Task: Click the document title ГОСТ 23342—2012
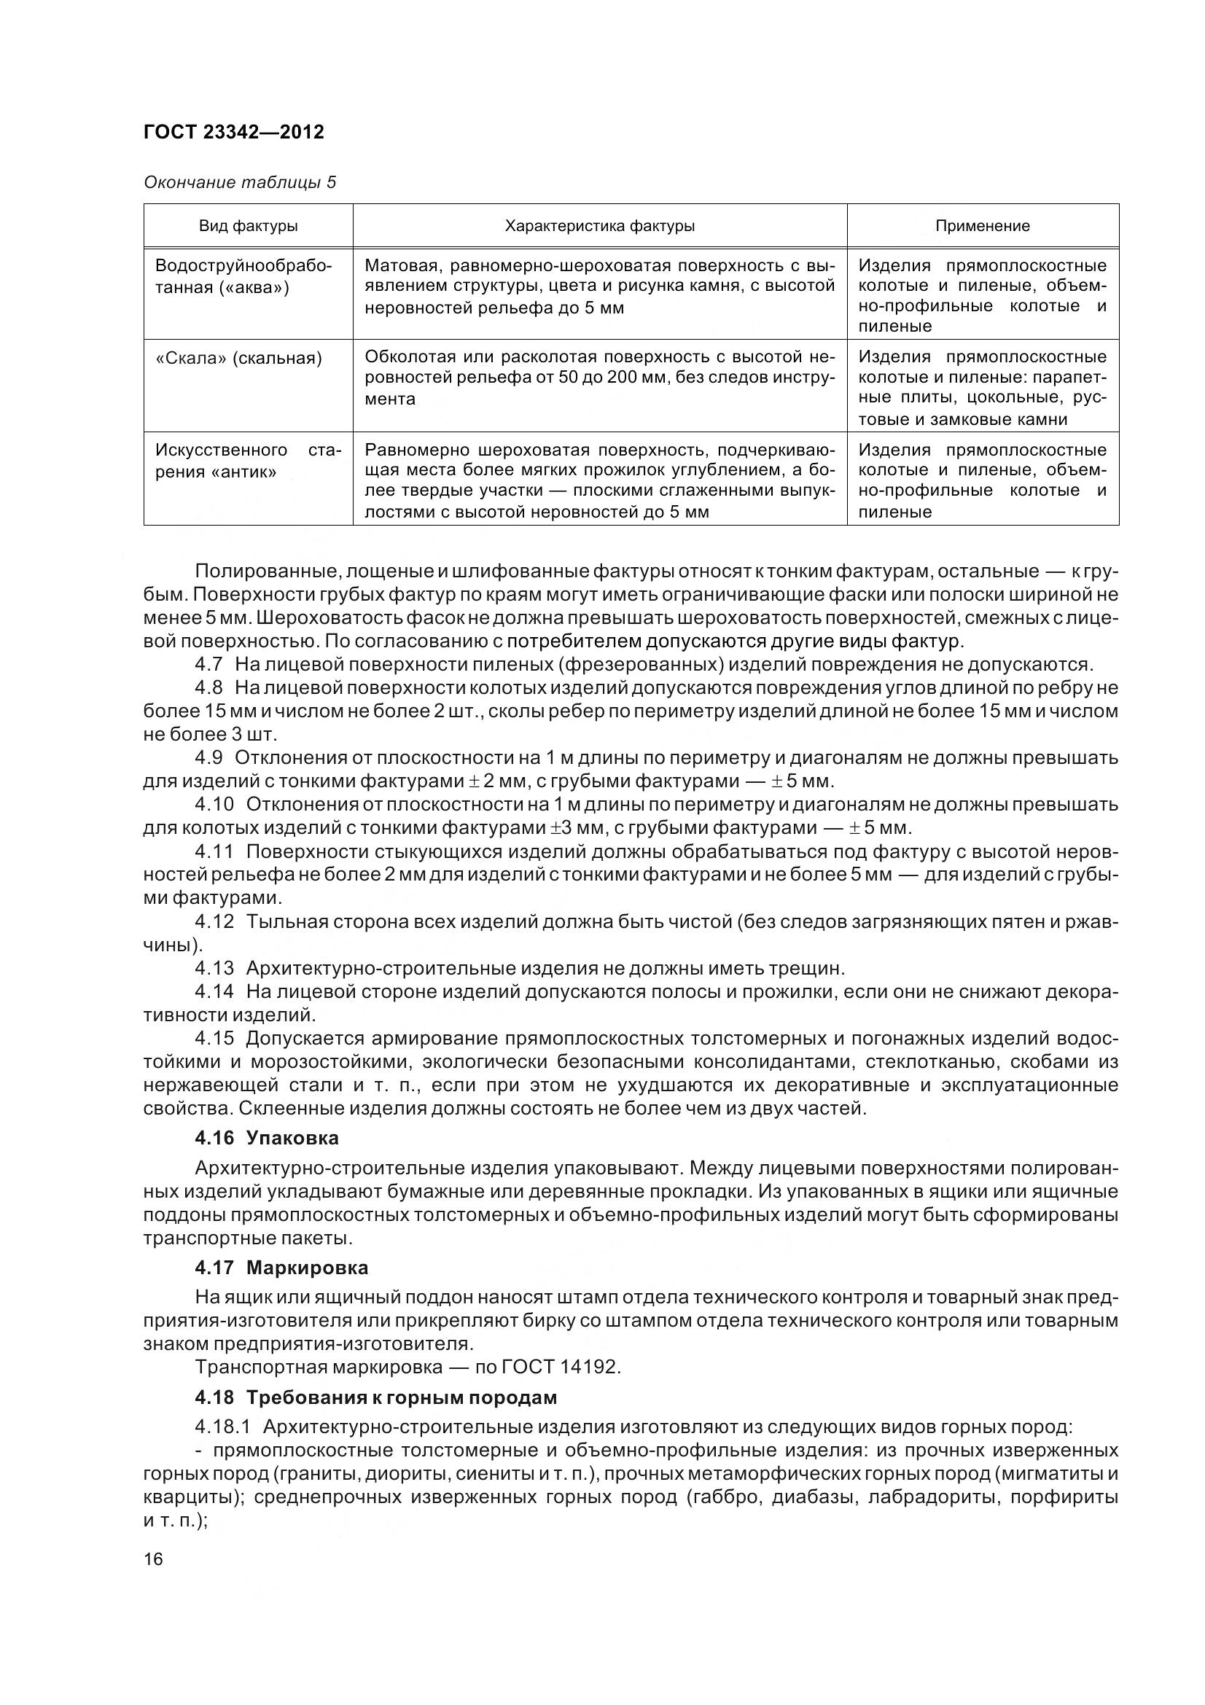click(233, 132)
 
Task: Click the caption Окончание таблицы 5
click(239, 182)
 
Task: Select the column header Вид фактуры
click(248, 226)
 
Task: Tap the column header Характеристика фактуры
click(599, 226)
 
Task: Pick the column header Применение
click(982, 226)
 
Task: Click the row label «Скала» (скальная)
click(238, 359)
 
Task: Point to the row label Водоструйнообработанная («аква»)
click(243, 276)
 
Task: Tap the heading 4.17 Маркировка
click(281, 1267)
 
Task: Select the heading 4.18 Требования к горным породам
click(375, 1397)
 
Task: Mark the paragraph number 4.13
click(214, 968)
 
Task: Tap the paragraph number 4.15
click(214, 1038)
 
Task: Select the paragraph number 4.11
click(214, 851)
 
